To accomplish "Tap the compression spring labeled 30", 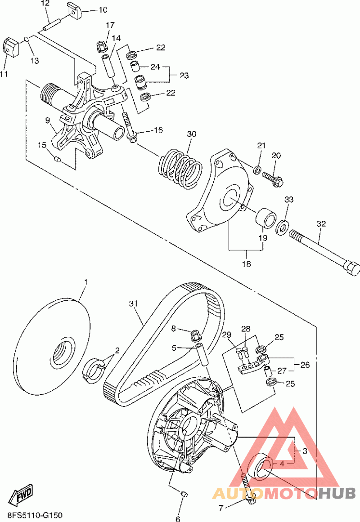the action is click(180, 169).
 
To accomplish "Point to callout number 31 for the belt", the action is click(133, 303).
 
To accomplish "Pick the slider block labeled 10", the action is click(75, 10).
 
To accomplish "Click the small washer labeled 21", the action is click(257, 170).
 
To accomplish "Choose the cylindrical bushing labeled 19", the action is click(265, 218).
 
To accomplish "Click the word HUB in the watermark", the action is click(336, 494).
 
